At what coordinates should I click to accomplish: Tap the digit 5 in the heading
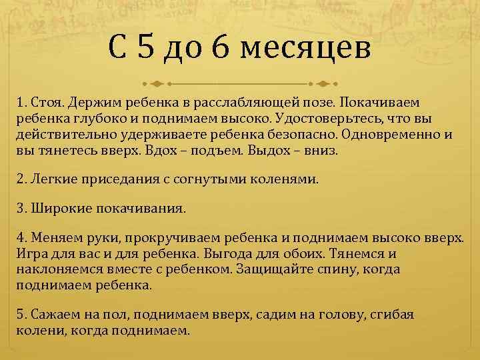(x=147, y=48)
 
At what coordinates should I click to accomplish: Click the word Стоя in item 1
(x=45, y=102)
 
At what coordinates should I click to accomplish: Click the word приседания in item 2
(x=110, y=179)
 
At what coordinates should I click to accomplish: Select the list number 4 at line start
(x=21, y=238)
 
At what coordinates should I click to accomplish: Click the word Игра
(x=31, y=254)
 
